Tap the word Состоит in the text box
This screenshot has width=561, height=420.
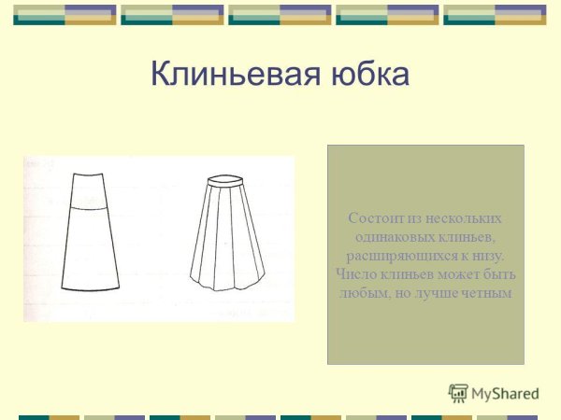[x=372, y=218]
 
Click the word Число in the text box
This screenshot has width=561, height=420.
[x=352, y=274]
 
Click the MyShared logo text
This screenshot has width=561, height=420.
[x=505, y=394]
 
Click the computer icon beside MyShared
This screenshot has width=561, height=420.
[x=458, y=393]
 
